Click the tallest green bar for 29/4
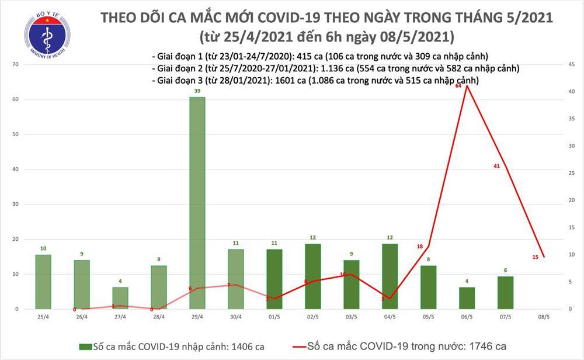tap(197, 202)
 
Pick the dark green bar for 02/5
tap(313, 276)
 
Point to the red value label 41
tap(496, 167)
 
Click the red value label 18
tap(420, 247)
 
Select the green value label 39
tap(197, 92)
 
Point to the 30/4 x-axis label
tap(236, 319)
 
